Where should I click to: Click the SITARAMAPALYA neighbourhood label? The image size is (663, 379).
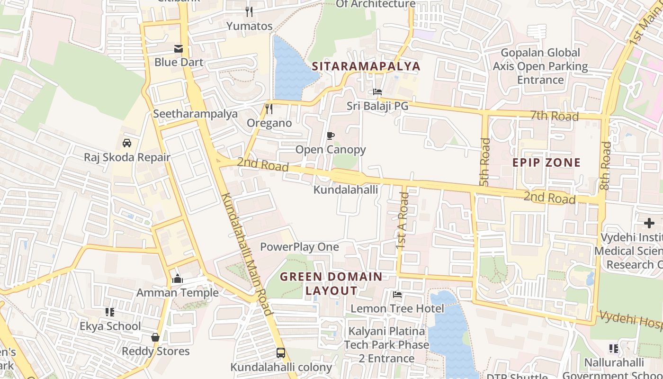tap(366, 66)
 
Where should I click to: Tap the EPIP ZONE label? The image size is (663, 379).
tap(547, 162)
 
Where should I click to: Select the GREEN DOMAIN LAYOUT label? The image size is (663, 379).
tap(331, 283)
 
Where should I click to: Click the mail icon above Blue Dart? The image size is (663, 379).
tap(179, 48)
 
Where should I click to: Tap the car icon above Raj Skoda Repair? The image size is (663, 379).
tap(127, 143)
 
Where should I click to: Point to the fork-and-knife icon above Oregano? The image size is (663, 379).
tap(269, 109)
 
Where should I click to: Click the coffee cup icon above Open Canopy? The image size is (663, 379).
tap(331, 136)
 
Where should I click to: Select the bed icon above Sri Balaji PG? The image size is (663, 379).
tap(377, 92)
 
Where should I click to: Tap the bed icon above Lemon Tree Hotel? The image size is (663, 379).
tap(397, 295)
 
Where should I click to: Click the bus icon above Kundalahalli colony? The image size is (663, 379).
tap(281, 353)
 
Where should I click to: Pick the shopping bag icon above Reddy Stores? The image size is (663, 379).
tap(155, 337)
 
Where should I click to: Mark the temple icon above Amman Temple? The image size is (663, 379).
tap(178, 279)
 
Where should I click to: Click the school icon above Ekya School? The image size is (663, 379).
tap(110, 312)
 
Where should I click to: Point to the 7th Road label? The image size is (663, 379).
tap(554, 116)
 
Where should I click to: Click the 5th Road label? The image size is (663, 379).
tap(484, 162)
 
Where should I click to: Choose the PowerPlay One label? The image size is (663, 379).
tap(299, 247)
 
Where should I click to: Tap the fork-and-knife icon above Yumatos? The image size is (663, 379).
tap(249, 12)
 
